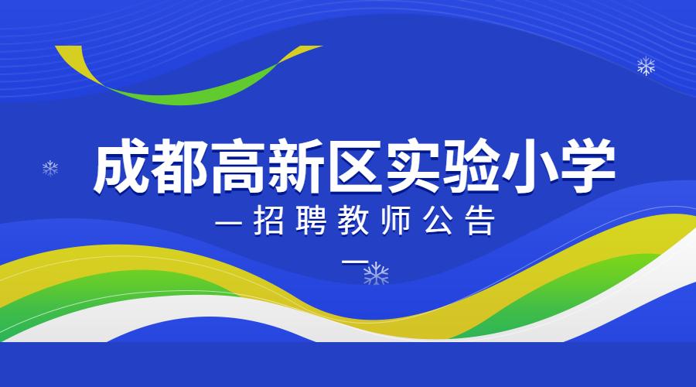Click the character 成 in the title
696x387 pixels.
[121, 166]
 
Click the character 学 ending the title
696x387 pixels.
[587, 166]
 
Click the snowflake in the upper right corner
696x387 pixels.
[646, 67]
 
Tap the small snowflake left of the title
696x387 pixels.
[50, 169]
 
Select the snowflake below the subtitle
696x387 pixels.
[377, 274]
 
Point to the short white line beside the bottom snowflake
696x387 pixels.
[355, 262]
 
